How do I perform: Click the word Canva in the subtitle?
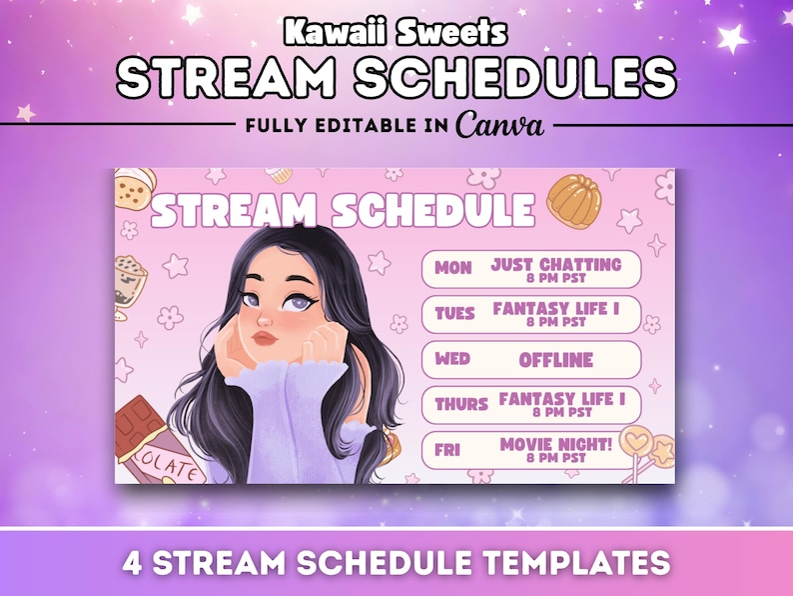pyautogui.click(x=499, y=125)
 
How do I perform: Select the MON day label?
pyautogui.click(x=453, y=269)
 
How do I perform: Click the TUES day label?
pyautogui.click(x=455, y=314)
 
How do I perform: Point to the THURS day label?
pyautogui.click(x=460, y=405)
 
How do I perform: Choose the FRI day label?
pyautogui.click(x=448, y=450)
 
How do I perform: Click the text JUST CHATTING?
pyautogui.click(x=555, y=264)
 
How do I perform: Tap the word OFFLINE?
pyautogui.click(x=555, y=359)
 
